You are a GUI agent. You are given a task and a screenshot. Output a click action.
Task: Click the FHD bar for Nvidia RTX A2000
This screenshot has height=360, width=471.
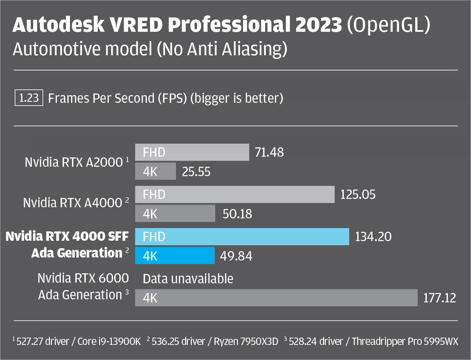point(192,152)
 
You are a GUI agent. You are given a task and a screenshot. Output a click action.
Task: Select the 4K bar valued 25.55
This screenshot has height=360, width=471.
point(155,172)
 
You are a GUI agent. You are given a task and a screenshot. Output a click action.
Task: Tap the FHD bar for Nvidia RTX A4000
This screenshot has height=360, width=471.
point(235,194)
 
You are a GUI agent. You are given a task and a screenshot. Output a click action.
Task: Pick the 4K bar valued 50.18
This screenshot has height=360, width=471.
point(175,214)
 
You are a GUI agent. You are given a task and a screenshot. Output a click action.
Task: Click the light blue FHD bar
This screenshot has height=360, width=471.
point(242,237)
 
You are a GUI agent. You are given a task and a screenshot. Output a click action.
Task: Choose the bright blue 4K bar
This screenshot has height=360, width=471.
point(175,256)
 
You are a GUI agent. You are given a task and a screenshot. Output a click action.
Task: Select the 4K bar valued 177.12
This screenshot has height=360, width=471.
point(276,298)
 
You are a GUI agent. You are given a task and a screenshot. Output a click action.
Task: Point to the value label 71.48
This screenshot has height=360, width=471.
point(269,152)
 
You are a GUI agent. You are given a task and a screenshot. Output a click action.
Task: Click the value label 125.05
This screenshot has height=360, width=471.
point(358,194)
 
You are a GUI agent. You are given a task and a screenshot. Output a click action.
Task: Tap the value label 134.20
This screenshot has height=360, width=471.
point(373,237)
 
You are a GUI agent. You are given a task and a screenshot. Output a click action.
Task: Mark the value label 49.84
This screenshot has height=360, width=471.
point(236,256)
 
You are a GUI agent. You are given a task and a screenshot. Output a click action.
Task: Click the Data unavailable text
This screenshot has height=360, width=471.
point(188,279)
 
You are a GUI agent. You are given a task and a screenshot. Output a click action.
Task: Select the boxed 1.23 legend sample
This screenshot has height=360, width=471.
point(29,98)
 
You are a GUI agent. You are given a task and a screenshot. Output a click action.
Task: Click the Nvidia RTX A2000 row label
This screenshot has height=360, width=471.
point(74,162)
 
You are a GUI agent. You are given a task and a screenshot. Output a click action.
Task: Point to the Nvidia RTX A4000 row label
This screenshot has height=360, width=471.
point(73,203)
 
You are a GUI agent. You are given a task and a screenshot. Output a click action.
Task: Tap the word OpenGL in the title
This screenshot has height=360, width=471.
point(389,25)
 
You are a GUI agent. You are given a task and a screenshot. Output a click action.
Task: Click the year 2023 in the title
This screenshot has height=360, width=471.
point(318,25)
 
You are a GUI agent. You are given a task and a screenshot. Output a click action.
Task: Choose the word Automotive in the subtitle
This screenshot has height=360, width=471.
point(57,49)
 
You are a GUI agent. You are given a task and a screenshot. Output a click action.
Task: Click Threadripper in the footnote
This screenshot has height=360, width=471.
point(378,341)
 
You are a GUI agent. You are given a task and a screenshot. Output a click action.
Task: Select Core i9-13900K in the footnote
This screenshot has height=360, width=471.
point(109,341)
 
